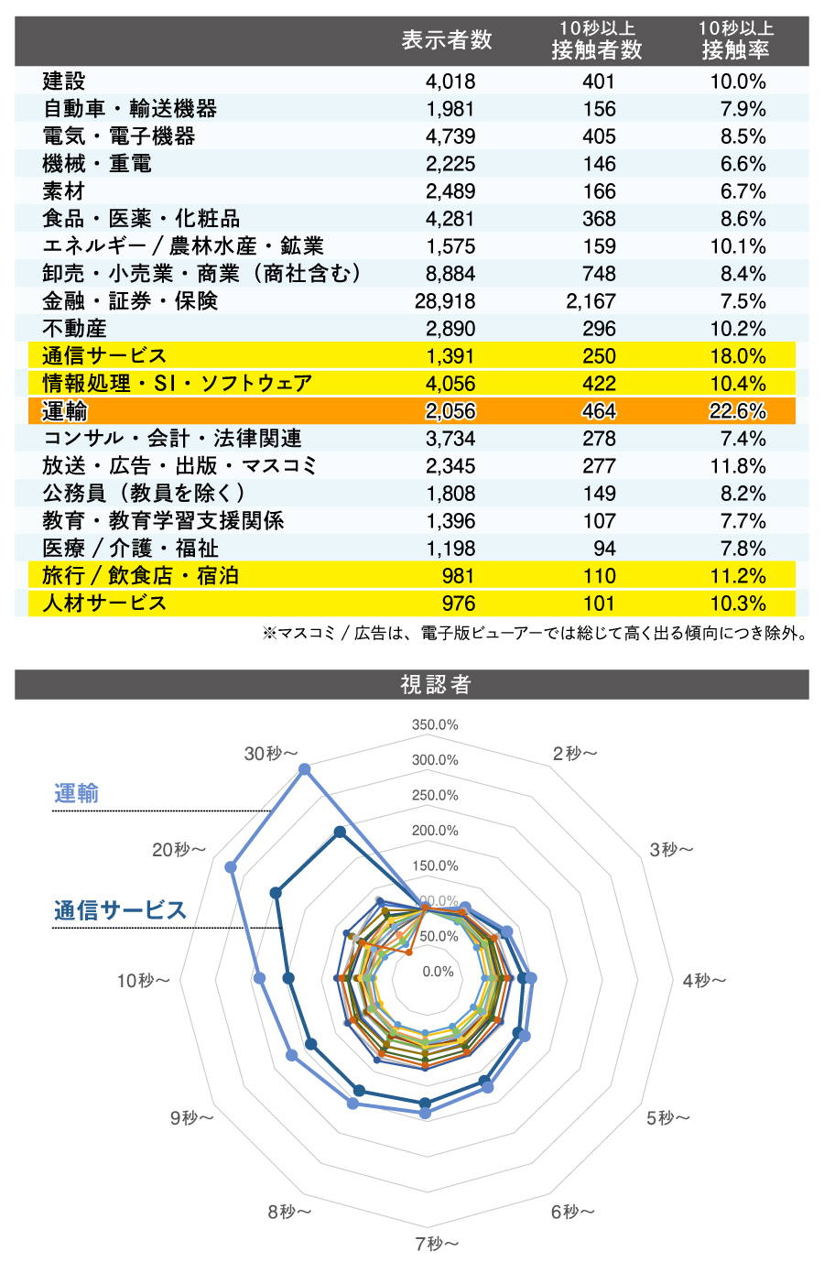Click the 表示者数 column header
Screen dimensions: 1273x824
(447, 40)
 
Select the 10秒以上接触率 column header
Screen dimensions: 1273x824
(736, 40)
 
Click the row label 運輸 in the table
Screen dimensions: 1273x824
(65, 411)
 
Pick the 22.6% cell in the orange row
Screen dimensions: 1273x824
(737, 411)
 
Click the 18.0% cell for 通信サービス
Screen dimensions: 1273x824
(737, 356)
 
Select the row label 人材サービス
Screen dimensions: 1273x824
(104, 604)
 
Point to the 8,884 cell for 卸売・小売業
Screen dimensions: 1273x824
(450, 274)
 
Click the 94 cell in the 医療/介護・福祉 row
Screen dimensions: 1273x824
(604, 549)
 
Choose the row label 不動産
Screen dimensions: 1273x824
(75, 329)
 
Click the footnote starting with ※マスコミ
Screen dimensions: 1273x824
(535, 634)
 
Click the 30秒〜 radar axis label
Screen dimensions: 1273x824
(271, 753)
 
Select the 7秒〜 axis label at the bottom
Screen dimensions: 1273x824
(436, 1243)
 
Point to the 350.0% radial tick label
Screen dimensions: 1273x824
(435, 724)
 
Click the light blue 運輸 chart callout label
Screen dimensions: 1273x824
(76, 793)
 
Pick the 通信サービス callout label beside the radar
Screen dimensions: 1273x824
(120, 910)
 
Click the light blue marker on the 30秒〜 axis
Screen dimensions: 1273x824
(305, 770)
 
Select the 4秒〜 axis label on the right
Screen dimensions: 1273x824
(704, 981)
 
